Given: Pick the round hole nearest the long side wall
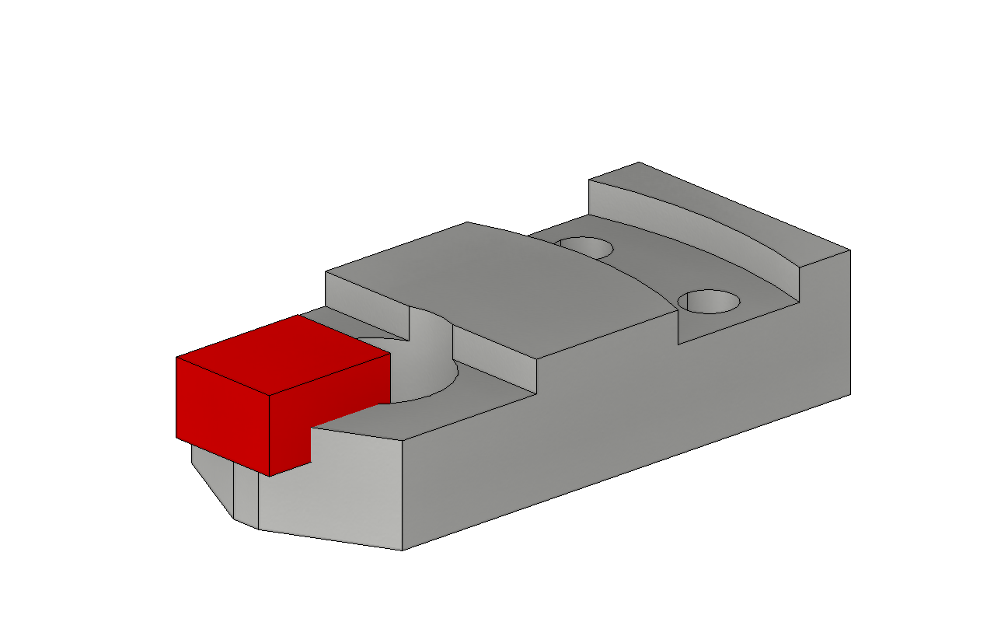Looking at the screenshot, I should click(x=708, y=301).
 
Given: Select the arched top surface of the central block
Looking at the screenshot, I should click(x=505, y=288).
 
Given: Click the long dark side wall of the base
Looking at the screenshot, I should click(x=622, y=420).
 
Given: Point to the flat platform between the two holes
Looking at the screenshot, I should click(x=645, y=272).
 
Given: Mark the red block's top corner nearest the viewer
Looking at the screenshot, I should click(x=269, y=394).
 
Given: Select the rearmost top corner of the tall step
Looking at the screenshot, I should click(x=639, y=162).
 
